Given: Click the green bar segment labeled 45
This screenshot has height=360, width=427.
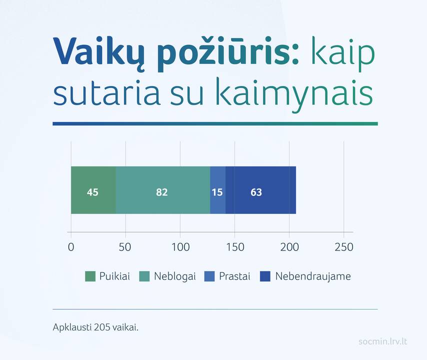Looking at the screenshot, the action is [93, 190].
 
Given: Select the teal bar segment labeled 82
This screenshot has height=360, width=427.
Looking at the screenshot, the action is [163, 190].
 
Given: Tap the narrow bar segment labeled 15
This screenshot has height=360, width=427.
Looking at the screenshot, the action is [218, 190].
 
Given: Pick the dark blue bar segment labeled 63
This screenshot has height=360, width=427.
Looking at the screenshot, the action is [261, 190].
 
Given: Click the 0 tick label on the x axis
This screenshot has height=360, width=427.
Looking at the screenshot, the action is [71, 247].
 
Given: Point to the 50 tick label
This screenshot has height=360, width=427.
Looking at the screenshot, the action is [125, 247].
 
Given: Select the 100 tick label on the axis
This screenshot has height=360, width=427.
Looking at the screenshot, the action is [180, 247].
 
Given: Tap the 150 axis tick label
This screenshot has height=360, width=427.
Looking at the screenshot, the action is [234, 247].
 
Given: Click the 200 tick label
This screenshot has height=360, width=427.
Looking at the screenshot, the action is [289, 247].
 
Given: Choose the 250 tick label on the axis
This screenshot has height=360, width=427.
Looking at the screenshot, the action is [344, 247].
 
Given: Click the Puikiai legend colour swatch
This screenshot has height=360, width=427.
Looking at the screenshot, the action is [90, 276].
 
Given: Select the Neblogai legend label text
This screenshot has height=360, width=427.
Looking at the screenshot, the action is [175, 276].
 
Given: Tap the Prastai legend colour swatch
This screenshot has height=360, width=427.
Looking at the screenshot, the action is [209, 276].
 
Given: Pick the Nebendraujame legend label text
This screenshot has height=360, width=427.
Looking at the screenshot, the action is [313, 276].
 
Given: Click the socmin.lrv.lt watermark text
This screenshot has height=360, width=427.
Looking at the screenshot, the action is [382, 341].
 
